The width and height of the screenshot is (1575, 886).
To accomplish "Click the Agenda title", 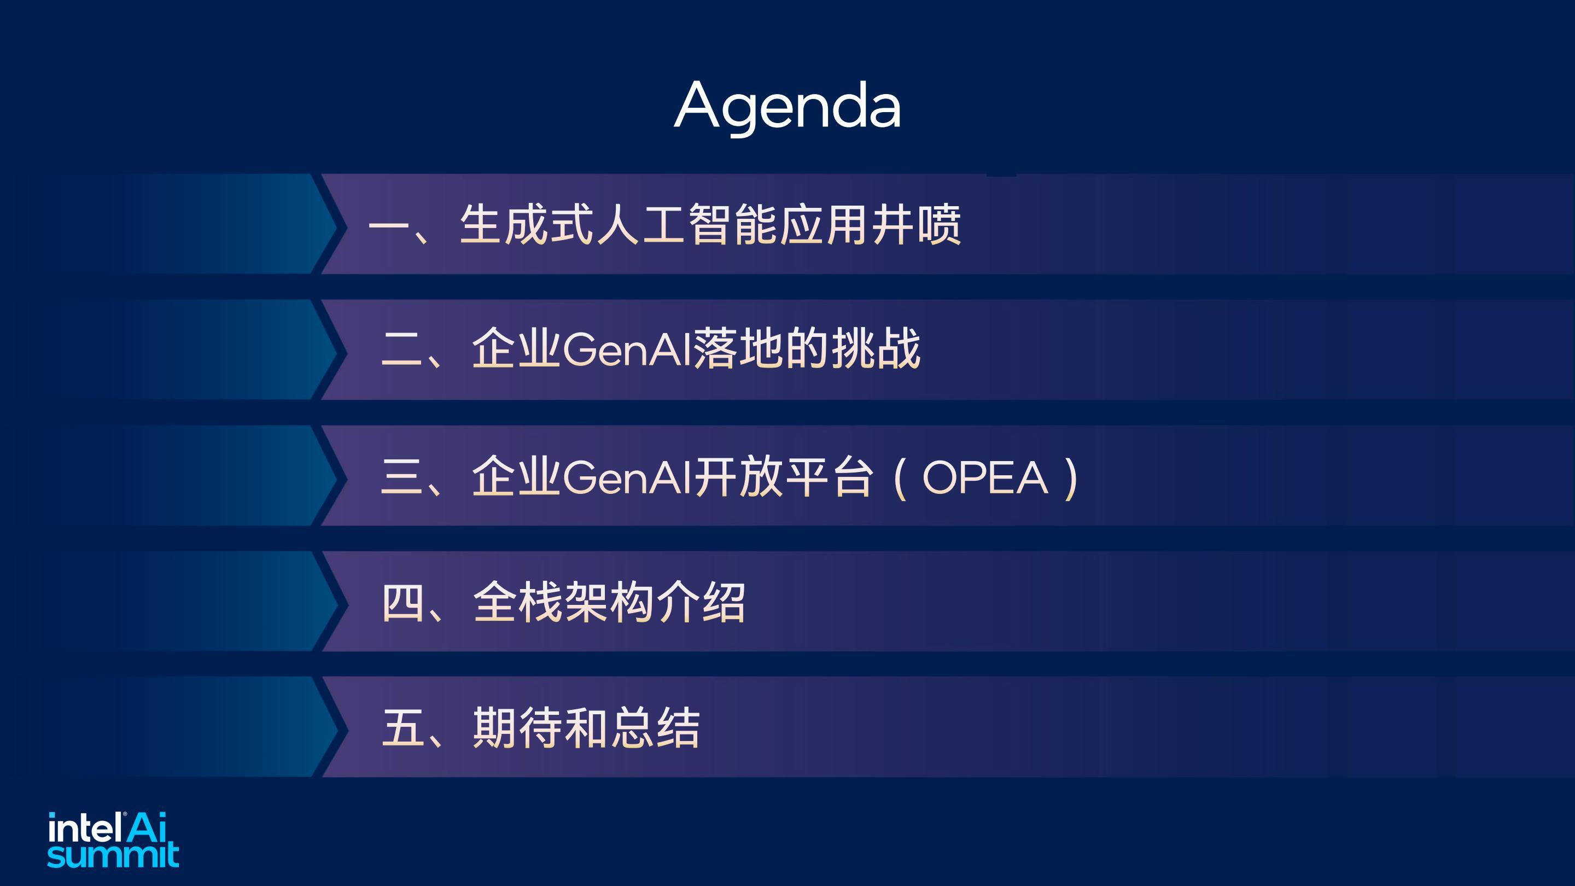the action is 787,107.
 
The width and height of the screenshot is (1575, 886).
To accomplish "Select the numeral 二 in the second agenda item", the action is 402,351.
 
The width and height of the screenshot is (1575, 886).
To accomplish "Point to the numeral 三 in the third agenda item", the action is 402,477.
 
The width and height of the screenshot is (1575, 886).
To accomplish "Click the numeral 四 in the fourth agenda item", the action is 402,603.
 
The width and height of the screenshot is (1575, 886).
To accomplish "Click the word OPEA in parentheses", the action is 984,477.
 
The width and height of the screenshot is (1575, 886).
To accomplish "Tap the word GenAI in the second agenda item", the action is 627,351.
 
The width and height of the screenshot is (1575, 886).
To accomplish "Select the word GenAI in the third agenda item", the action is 627,477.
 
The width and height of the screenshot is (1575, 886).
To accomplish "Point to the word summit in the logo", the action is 113,855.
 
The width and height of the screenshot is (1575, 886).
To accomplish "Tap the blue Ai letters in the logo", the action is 147,827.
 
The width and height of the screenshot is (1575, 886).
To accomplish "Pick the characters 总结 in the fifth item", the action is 656,727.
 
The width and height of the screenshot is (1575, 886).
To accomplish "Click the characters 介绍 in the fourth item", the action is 701,602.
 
